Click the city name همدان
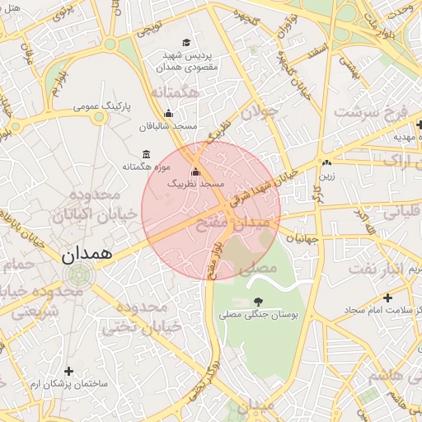point(85,255)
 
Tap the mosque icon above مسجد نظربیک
point(195,171)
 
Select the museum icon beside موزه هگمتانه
point(146,155)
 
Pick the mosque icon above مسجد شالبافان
point(169,114)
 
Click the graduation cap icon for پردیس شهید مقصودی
point(186,43)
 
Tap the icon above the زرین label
point(328,162)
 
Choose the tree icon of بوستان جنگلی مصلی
point(260,301)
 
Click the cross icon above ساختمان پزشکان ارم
point(68,372)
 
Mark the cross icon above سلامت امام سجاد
point(387,297)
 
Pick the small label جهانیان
point(302,237)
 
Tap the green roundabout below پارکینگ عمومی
point(99,117)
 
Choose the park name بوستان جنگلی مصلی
point(262,315)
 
